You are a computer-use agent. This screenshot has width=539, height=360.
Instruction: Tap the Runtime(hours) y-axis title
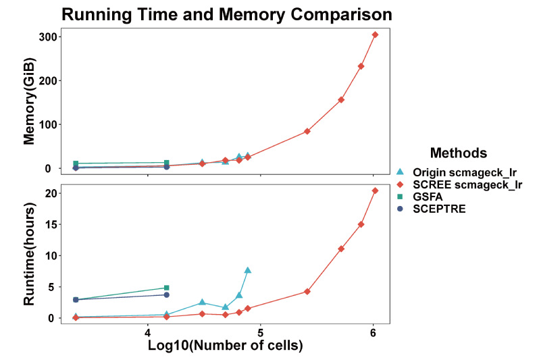pos(30,254)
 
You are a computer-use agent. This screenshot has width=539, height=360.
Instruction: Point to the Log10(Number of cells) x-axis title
pos(225,345)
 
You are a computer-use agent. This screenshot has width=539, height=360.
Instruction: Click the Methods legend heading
pos(459,153)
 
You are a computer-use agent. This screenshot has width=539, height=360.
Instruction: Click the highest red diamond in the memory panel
pos(376,34)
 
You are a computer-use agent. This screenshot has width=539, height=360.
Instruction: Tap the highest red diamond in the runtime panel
pos(376,190)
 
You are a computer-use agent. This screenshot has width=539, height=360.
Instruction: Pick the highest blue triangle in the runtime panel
pos(248,270)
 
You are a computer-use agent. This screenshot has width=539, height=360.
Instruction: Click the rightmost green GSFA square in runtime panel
pos(167,288)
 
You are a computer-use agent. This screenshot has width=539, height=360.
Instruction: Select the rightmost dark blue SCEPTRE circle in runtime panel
pos(167,294)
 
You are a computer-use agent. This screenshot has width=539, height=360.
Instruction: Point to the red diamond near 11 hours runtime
pos(341,249)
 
